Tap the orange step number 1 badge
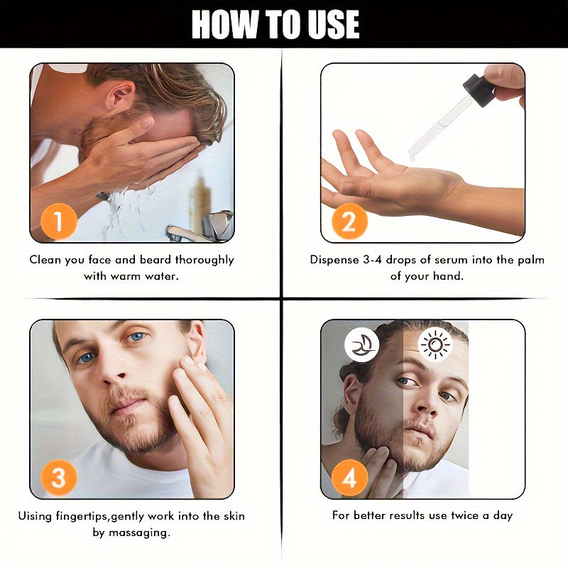[x=59, y=221]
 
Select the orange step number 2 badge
[x=349, y=221]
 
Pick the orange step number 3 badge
[x=59, y=477]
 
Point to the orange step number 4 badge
[x=349, y=477]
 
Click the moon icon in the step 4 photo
[x=362, y=345]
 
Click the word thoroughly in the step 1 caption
[x=204, y=261]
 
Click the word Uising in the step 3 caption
[x=35, y=517]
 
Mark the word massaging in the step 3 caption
[x=139, y=533]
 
